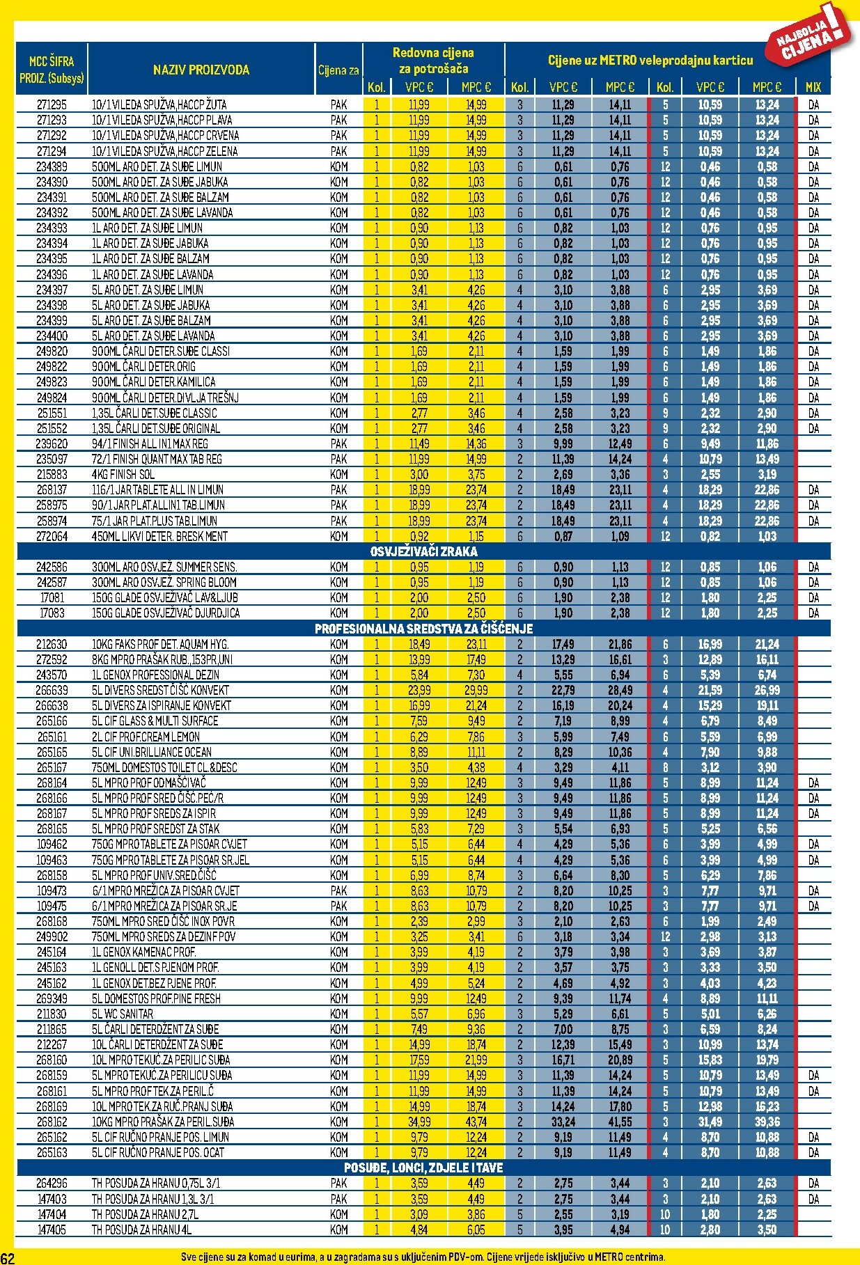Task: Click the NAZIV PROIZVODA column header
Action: coord(201,70)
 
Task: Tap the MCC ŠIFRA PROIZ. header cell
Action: coord(52,69)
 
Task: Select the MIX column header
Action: coord(813,87)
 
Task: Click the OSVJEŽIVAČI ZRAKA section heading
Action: coord(423,551)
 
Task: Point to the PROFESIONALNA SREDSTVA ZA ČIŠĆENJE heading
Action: coord(423,629)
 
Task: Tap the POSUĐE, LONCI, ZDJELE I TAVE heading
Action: coord(423,1168)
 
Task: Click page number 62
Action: coord(8,1257)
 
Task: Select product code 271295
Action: coord(52,104)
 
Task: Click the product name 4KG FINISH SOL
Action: coord(123,474)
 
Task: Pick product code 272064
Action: coord(52,536)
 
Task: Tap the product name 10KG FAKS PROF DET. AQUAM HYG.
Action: coord(160,644)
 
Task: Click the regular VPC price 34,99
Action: coord(419,1122)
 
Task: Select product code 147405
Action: coord(52,1229)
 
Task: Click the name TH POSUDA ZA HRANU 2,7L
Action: coord(145,1214)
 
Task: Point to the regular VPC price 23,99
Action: coord(419,690)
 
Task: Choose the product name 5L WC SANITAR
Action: coord(123,1014)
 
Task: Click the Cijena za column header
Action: coord(338,70)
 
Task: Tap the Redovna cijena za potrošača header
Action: coord(433,61)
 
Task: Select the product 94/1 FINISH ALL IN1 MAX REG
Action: coord(150,443)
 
